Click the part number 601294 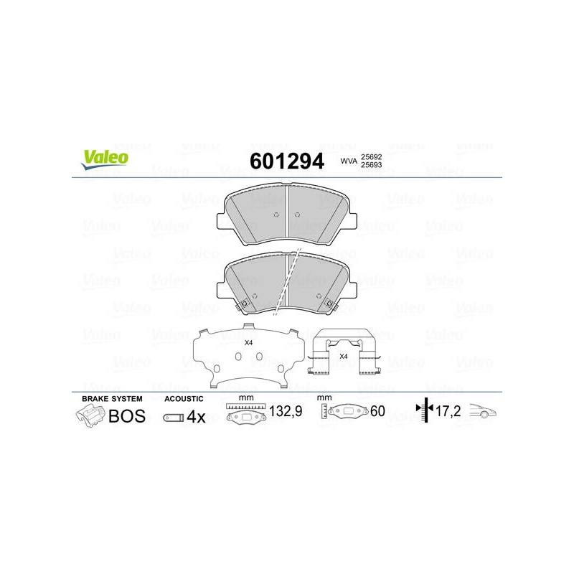286,161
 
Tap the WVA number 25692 371,156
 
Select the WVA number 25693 371,165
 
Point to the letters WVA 349,161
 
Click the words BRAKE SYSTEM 112,399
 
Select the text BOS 127,416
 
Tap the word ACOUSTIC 184,399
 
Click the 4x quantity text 196,417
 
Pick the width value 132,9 286,411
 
